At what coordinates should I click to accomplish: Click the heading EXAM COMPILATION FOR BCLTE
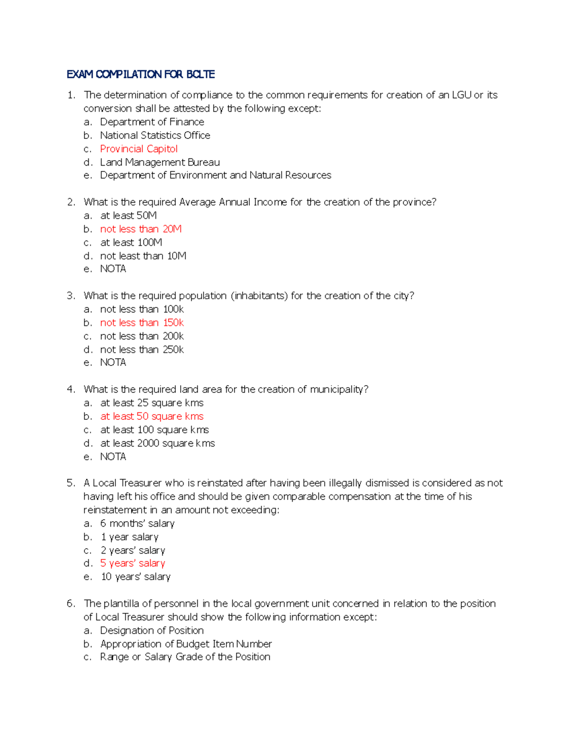[141, 74]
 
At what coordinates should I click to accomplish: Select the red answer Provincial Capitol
[139, 149]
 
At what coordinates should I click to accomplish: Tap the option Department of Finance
[152, 122]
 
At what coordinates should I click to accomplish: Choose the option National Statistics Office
[155, 136]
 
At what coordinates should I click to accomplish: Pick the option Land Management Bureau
[160, 162]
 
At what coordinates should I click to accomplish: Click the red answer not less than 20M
[141, 229]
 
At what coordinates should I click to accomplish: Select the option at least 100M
[131, 242]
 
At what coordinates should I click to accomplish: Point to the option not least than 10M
[143, 256]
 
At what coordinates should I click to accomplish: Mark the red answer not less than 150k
[142, 323]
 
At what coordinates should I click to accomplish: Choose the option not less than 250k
[142, 350]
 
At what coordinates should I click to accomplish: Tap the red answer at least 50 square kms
[152, 417]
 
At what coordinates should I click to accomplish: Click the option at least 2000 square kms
[157, 443]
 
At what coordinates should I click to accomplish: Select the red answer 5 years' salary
[133, 564]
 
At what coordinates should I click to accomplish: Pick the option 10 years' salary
[135, 577]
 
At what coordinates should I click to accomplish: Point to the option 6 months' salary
[137, 523]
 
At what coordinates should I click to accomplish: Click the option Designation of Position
[152, 630]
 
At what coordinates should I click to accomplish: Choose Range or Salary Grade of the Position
[185, 657]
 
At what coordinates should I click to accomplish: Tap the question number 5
[71, 483]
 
